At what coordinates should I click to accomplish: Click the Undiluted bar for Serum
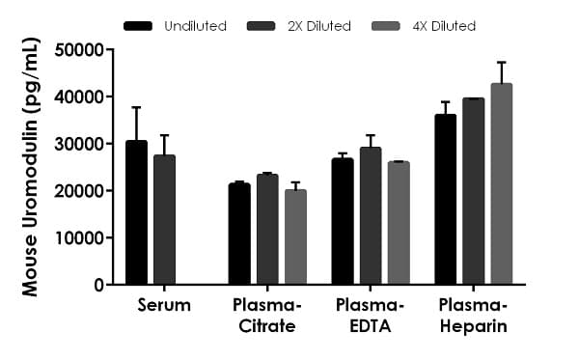click(x=137, y=212)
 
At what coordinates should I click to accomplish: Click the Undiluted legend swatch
click(x=141, y=25)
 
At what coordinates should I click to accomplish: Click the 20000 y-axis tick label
click(x=79, y=191)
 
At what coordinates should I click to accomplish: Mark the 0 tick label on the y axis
click(x=97, y=285)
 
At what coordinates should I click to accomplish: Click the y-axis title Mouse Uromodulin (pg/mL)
click(x=33, y=167)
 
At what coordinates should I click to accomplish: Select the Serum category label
click(x=163, y=306)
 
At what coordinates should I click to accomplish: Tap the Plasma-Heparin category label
click(x=473, y=316)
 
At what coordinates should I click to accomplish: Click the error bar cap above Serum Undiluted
click(x=137, y=107)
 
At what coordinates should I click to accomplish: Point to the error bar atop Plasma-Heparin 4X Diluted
click(x=502, y=63)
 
